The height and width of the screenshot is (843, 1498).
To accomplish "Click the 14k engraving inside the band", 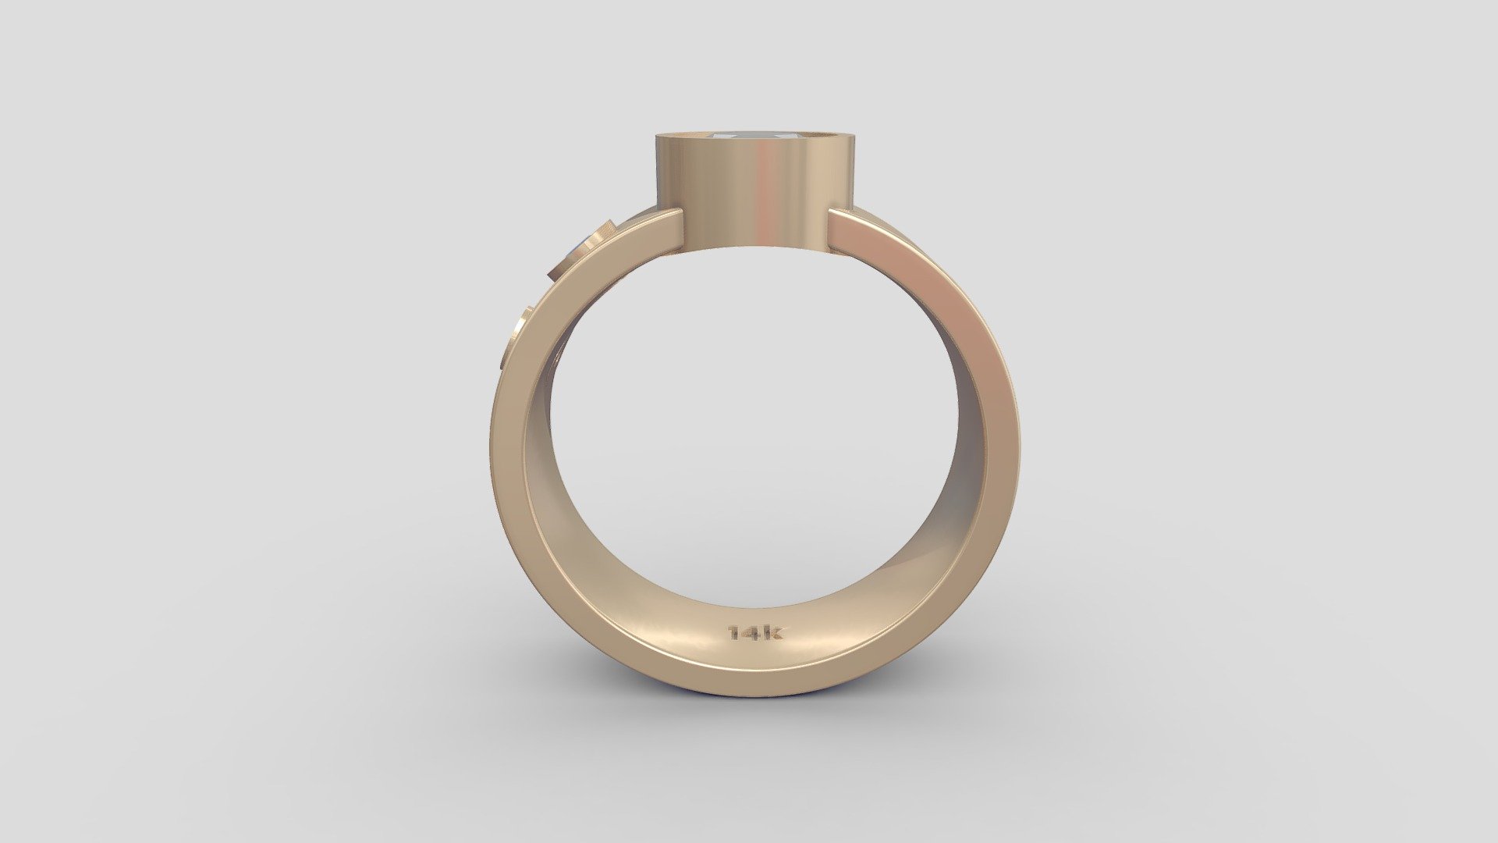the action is click(x=755, y=633).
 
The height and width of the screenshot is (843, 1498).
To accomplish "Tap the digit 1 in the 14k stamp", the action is click(x=733, y=633).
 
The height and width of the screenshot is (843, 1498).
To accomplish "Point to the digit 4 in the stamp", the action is click(x=752, y=633).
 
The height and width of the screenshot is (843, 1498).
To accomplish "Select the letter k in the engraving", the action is click(x=774, y=632).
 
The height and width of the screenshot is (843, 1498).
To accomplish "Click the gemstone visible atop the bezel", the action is click(x=750, y=136).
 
